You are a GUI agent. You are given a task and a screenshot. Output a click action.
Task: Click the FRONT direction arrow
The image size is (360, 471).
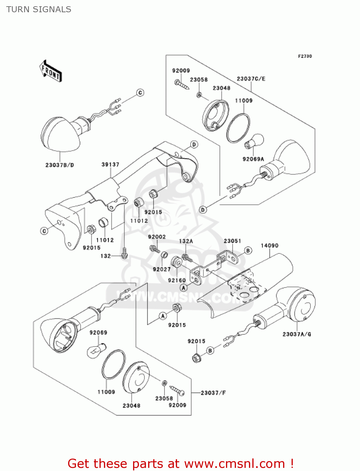[51, 71]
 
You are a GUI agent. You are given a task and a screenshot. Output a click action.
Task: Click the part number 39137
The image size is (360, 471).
[110, 165]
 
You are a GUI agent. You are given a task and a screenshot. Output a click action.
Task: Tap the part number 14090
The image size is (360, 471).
[269, 246]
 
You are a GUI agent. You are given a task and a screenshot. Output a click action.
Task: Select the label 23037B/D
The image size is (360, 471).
[60, 165]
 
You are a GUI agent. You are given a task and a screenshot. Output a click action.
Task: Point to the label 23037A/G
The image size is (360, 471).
[297, 334]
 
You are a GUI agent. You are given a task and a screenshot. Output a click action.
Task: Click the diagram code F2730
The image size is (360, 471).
[305, 56]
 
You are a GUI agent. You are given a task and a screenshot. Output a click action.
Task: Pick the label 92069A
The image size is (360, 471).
[253, 159]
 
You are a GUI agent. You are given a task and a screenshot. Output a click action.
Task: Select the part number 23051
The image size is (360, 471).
[232, 241]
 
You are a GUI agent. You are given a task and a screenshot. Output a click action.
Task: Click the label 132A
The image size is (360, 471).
[186, 241]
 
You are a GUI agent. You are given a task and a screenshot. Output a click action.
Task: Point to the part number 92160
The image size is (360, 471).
[177, 280]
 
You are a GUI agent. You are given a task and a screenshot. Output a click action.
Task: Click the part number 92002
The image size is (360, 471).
[157, 237]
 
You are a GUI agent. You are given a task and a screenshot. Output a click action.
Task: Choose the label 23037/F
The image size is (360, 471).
[213, 393]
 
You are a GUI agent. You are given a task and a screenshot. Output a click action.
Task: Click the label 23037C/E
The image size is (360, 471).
[251, 79]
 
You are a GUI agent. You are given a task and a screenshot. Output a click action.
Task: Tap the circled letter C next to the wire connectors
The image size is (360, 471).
[140, 93]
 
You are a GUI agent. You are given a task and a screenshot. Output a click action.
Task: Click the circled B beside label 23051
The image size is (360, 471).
[248, 250]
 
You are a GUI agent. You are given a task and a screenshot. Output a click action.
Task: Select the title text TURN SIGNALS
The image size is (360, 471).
[39, 9]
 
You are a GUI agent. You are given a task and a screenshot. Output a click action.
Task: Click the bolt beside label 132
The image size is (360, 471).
[125, 253]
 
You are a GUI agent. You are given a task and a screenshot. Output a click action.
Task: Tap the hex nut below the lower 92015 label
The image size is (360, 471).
[196, 358]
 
